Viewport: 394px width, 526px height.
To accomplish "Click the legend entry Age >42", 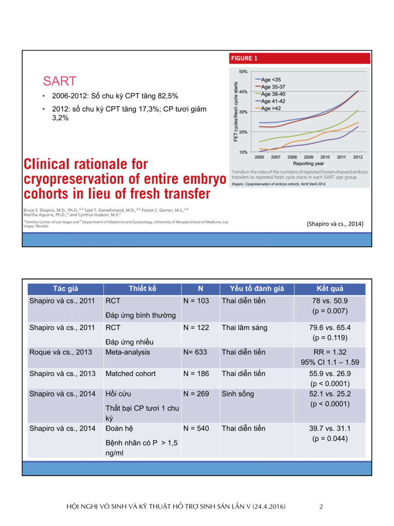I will (x=271, y=108).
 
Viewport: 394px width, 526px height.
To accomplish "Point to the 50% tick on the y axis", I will (x=243, y=71).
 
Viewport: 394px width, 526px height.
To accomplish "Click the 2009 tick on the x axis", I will (x=309, y=157).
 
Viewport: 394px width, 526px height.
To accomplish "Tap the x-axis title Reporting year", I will (x=309, y=163).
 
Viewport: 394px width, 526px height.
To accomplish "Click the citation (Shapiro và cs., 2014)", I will (x=335, y=224).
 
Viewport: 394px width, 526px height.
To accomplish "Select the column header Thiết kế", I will (x=142, y=288).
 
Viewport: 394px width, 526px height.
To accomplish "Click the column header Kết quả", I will (x=330, y=288).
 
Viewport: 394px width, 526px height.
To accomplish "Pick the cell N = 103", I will (x=196, y=301).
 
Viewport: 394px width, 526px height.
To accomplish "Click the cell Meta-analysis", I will (x=127, y=352).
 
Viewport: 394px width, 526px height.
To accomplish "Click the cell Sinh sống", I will (x=238, y=394).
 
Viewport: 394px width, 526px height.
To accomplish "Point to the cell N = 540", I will (x=196, y=429).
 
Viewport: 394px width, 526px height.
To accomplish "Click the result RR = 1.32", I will (x=330, y=352).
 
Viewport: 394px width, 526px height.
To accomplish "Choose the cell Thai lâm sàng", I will (x=244, y=328).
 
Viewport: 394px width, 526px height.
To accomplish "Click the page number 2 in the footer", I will (x=321, y=507).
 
